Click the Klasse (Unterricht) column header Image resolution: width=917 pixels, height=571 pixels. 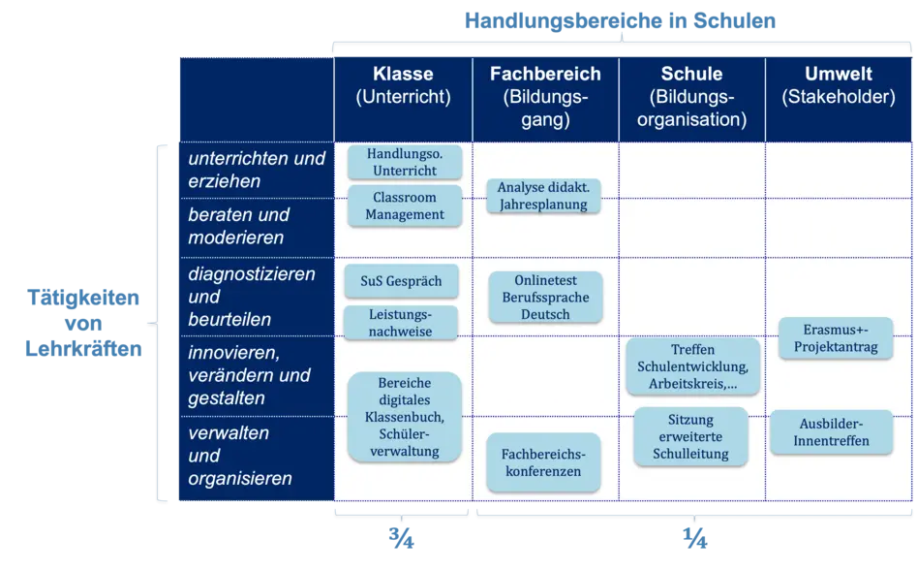point(403,85)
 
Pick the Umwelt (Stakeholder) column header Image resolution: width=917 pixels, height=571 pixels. point(838,85)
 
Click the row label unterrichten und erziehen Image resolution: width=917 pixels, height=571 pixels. point(256,170)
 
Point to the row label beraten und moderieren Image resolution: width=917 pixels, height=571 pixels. point(239,226)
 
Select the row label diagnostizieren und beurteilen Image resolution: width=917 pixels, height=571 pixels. point(252,297)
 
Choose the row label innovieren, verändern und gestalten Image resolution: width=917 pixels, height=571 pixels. point(249,375)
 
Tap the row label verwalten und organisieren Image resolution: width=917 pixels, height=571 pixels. point(240,456)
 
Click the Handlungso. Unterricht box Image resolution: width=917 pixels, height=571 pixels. point(404,163)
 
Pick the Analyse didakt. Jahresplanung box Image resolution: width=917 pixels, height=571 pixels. point(543,196)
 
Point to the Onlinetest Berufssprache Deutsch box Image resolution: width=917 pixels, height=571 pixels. point(545,296)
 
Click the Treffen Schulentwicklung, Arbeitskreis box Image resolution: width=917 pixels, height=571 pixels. point(692,367)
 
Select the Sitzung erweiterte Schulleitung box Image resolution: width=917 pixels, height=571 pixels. point(690,437)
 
